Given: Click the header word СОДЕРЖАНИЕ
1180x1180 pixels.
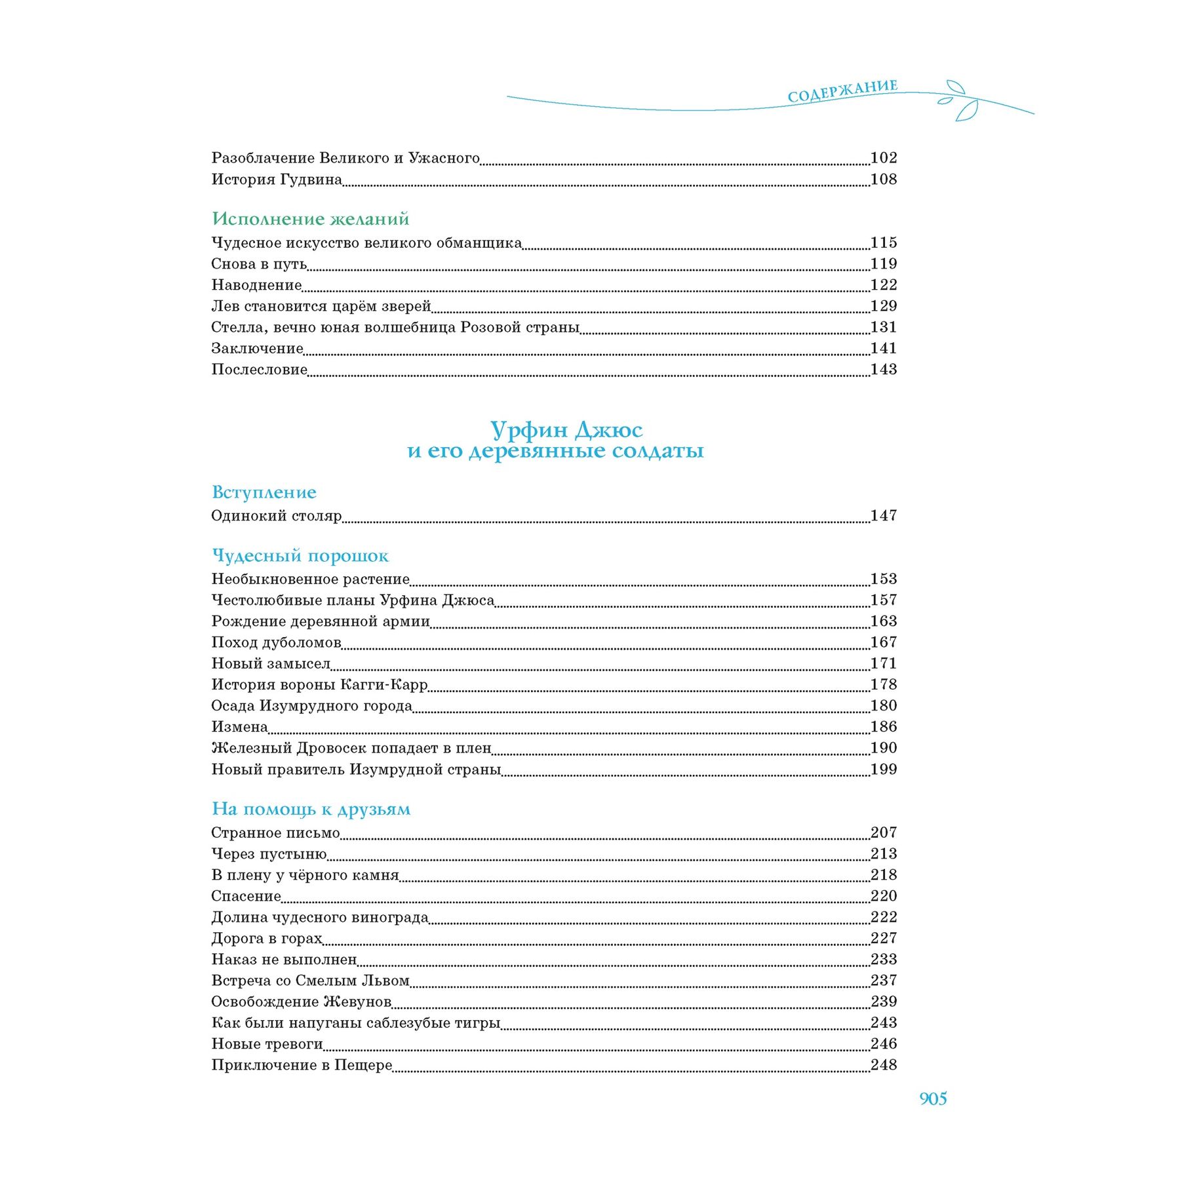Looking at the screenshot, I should pyautogui.click(x=842, y=91).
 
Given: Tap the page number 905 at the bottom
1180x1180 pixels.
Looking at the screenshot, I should pyautogui.click(x=933, y=1099).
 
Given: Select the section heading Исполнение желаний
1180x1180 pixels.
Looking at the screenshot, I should pyautogui.click(x=310, y=218).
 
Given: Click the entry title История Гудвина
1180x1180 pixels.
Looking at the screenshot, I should pyautogui.click(x=277, y=180).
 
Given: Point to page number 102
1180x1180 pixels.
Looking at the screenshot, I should pyautogui.click(x=883, y=158).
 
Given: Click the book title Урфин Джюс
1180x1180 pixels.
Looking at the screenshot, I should pyautogui.click(x=566, y=430).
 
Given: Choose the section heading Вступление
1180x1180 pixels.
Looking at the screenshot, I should pyautogui.click(x=264, y=492).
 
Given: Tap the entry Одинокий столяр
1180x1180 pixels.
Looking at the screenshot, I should pyautogui.click(x=276, y=516).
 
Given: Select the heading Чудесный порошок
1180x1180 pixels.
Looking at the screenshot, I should pyautogui.click(x=300, y=556).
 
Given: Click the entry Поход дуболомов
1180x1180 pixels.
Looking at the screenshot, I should pyautogui.click(x=276, y=642).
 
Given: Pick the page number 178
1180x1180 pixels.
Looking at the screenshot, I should pyautogui.click(x=883, y=684).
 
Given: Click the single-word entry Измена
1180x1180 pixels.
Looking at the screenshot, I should pyautogui.click(x=239, y=727).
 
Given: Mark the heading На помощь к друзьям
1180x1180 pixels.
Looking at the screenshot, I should pyautogui.click(x=311, y=809).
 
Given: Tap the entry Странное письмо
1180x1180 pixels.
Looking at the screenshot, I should pyautogui.click(x=275, y=833).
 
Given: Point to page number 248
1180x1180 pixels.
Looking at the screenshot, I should pyautogui.click(x=883, y=1065).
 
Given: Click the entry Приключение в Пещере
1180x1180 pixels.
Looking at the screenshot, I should pyautogui.click(x=302, y=1065).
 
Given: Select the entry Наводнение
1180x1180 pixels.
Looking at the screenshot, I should pyautogui.click(x=256, y=285).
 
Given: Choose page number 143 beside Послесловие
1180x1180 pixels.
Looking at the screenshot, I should pyautogui.click(x=883, y=370).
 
